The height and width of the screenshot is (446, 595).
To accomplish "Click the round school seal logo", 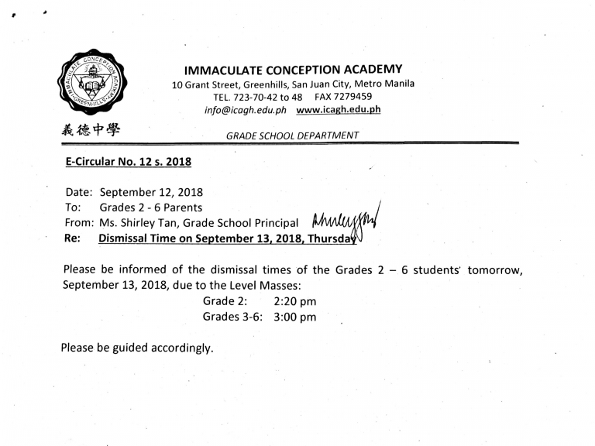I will click(92, 81).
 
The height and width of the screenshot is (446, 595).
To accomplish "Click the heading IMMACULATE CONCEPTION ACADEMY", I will click(294, 69).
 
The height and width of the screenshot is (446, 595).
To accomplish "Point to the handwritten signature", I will click(345, 225).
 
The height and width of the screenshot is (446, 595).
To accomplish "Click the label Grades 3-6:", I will click(234, 317).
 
